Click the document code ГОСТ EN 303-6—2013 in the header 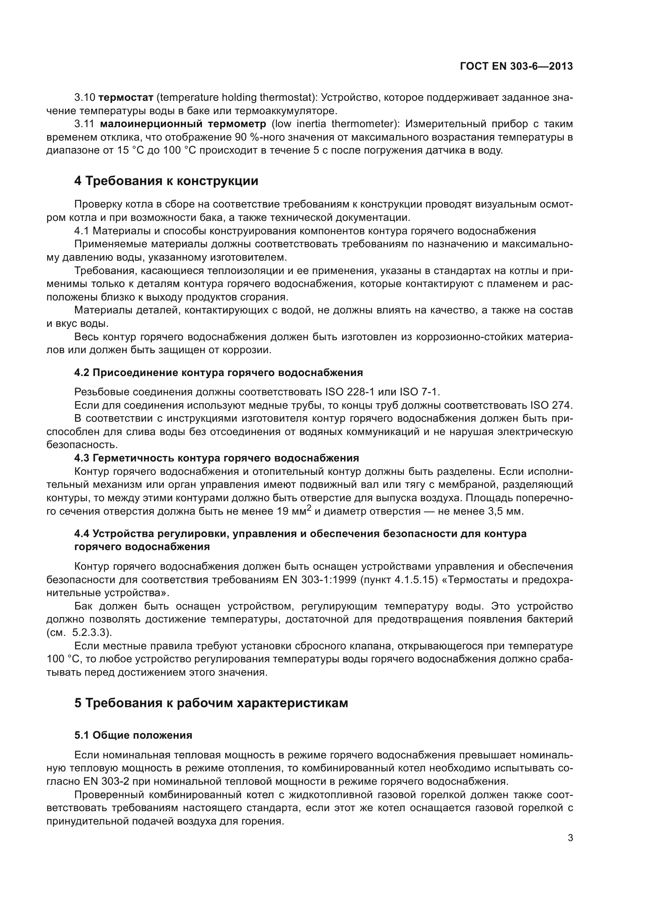click(516, 66)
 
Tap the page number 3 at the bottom click(570, 838)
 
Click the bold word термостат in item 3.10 click(126, 98)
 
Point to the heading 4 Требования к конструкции click(166, 181)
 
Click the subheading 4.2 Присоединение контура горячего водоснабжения click(218, 372)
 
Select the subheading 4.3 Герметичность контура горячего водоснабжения click(216, 458)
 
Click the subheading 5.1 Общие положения click(133, 735)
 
